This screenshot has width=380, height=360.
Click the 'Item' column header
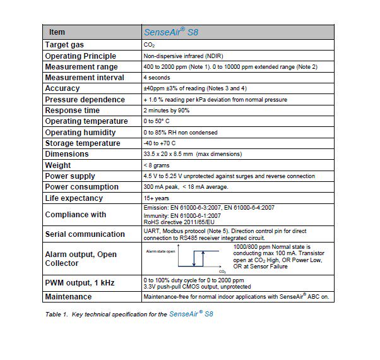click(x=57, y=32)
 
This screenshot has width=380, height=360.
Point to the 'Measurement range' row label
click(x=81, y=67)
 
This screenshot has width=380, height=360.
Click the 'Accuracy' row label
click(x=62, y=88)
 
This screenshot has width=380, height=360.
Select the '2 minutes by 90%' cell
click(x=169, y=111)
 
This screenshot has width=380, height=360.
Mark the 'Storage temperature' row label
click(x=83, y=143)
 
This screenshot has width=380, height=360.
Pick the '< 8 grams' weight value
click(x=158, y=165)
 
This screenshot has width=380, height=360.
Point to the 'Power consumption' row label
click(x=81, y=187)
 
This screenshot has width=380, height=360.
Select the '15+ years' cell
click(x=157, y=198)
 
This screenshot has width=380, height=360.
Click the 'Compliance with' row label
click(x=76, y=215)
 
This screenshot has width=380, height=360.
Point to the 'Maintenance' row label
click(x=68, y=296)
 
